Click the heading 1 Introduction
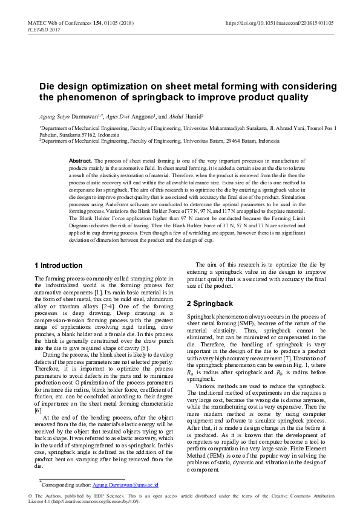[x=58, y=265]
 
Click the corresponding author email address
[x=125, y=485]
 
